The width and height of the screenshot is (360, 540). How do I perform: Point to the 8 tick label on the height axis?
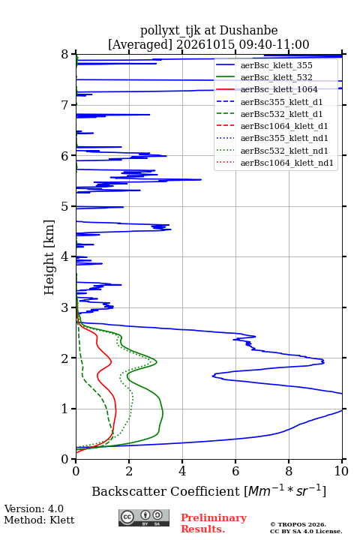click(x=65, y=55)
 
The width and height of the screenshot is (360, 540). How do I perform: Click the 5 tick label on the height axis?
click(x=65, y=207)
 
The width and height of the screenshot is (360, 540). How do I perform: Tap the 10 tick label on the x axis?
click(x=341, y=471)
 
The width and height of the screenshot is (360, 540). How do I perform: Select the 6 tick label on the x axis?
click(x=235, y=471)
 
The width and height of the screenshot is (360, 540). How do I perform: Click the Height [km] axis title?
click(x=49, y=257)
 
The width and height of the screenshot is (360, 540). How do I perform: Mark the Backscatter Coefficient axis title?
click(x=208, y=490)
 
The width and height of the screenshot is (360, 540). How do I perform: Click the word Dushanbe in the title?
click(x=248, y=31)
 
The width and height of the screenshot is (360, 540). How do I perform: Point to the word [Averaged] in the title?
click(x=139, y=44)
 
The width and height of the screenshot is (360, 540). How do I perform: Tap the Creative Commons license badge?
click(x=144, y=517)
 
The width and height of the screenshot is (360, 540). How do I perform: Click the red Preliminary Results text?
click(x=214, y=523)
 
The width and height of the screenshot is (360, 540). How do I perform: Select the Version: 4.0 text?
click(x=34, y=508)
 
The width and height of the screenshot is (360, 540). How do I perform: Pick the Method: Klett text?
click(x=39, y=520)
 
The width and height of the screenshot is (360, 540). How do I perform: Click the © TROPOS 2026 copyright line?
click(x=298, y=524)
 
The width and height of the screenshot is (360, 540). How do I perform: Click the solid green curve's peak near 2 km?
click(x=157, y=362)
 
